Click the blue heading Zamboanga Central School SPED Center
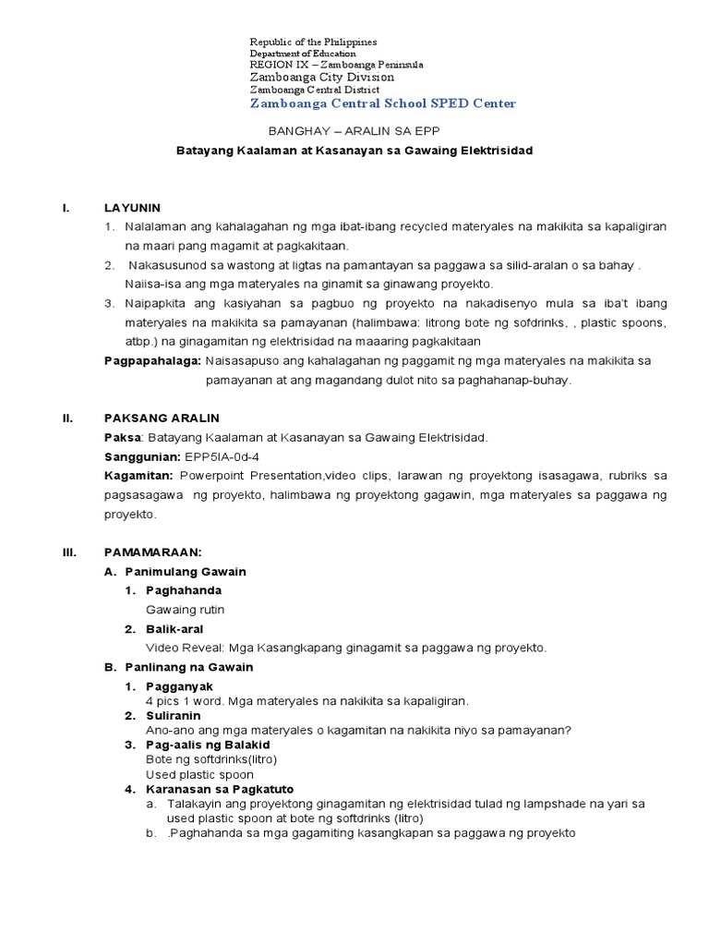point(382,103)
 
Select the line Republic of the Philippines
point(314,42)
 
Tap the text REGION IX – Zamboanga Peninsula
point(337,66)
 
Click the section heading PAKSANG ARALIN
point(162,418)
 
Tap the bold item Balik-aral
point(175,629)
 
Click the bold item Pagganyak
point(179,686)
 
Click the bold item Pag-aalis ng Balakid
point(208,744)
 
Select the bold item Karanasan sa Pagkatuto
point(220,789)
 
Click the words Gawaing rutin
point(185,610)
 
